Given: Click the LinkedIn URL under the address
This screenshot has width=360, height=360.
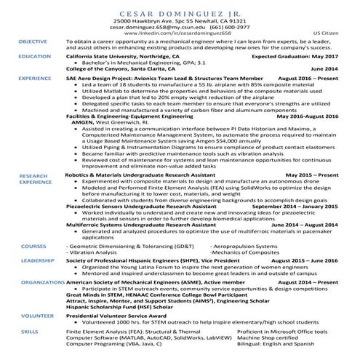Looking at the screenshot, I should click(180, 34).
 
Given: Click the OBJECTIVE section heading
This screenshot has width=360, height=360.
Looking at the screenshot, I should click(33, 42).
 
